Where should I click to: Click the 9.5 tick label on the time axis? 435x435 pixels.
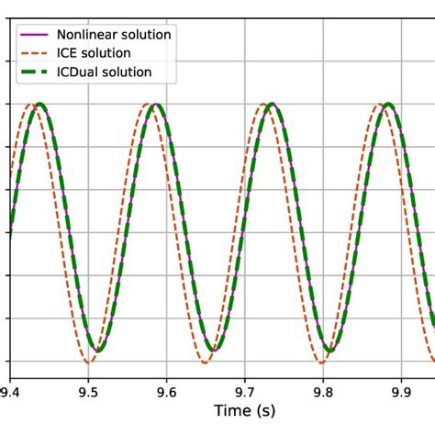click(x=88, y=389)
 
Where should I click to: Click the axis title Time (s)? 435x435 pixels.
click(x=243, y=410)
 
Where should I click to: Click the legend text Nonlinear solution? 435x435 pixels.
click(x=114, y=34)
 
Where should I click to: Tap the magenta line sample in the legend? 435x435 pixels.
click(x=34, y=34)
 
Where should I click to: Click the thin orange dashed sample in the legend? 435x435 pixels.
click(x=34, y=52)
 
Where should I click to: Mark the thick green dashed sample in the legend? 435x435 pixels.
click(x=34, y=71)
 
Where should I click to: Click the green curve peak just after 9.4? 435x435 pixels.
click(x=39, y=105)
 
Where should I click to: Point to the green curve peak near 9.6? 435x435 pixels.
click(x=155, y=105)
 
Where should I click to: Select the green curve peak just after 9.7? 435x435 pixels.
click(x=272, y=105)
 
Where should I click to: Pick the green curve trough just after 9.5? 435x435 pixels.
click(x=98, y=350)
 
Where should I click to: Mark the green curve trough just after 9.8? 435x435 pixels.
click(x=331, y=350)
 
